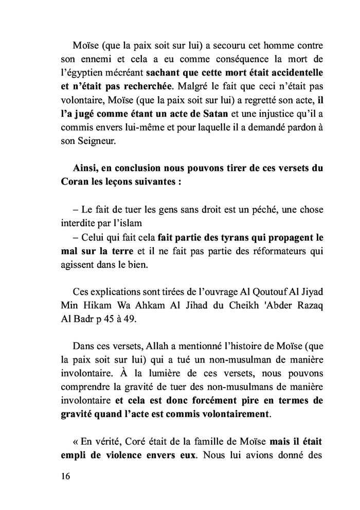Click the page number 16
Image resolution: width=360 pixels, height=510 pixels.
[x=64, y=476]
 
